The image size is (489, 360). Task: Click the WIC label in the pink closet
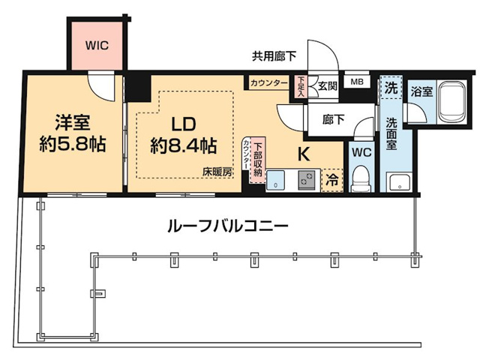coord(96,45)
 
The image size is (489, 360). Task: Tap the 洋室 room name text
coord(71,120)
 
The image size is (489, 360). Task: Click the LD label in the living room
coord(184,121)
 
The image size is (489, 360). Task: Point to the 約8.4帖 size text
coord(184,145)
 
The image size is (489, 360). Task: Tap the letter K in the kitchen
coord(304,154)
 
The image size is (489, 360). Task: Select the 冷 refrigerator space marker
coord(330,180)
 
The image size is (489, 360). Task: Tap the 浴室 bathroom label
coord(421,91)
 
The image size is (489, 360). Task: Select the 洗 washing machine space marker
coord(391,87)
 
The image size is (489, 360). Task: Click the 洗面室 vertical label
coord(391,133)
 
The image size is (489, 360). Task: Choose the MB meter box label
coord(356,82)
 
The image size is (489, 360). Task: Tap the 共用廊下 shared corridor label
coord(274,55)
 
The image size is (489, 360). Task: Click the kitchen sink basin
coord(277,179)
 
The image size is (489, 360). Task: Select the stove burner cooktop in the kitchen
coord(307,179)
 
